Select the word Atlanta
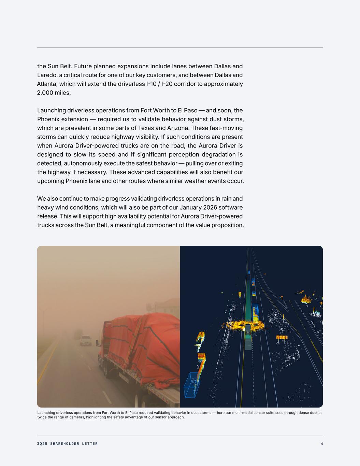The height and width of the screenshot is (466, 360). coord(47,84)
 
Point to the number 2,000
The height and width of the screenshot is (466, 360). coord(45,93)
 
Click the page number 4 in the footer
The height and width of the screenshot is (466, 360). coord(321,444)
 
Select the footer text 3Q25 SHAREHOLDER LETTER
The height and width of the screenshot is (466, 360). coord(67,444)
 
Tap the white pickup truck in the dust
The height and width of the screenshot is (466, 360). coord(86,340)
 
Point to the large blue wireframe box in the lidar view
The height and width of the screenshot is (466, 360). coord(191,385)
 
